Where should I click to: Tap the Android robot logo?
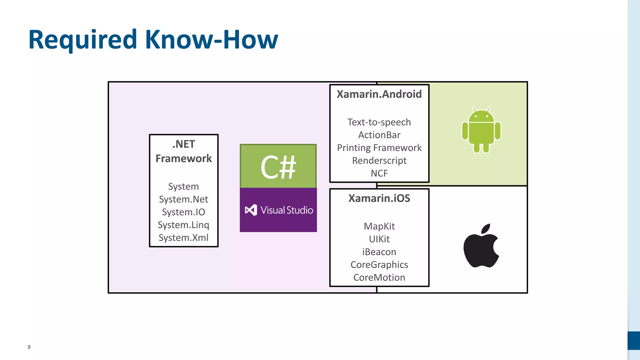481,131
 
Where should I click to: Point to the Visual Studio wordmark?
287,210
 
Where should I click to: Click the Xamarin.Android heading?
379,94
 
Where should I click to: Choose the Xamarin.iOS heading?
379,198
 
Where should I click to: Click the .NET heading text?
184,144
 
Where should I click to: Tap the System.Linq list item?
183,225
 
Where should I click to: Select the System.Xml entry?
183,238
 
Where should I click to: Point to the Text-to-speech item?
379,122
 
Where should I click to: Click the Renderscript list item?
379,161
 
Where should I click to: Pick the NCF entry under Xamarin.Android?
379,173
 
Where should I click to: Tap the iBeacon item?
379,252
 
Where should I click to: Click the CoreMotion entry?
379,277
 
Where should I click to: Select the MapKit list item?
379,226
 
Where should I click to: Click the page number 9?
29,347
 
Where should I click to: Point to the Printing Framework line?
379,148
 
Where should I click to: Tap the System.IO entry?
183,212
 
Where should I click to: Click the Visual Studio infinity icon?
251,210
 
